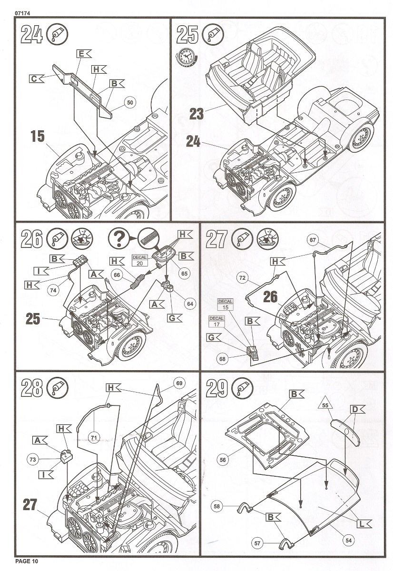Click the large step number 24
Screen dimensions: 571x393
tap(32, 35)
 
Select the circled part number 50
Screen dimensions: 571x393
tap(130, 102)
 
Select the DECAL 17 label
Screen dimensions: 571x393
tap(216, 321)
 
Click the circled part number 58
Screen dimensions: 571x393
tap(217, 508)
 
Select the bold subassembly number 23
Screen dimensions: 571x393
tap(196, 114)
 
